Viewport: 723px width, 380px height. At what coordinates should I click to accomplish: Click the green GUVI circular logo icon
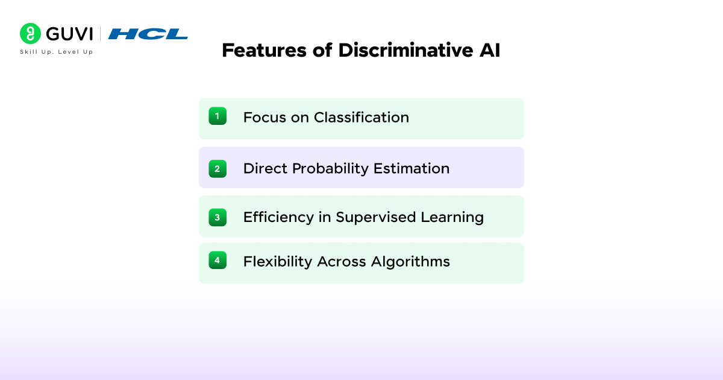30,34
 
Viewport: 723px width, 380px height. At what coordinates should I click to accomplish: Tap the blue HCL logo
148,34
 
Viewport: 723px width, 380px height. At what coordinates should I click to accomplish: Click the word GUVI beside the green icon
68,34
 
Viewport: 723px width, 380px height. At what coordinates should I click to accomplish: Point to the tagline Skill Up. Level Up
57,52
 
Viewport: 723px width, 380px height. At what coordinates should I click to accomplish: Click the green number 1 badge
218,116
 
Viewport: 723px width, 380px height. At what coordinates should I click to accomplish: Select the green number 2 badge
218,168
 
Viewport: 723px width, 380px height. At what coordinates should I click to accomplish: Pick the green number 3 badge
218,217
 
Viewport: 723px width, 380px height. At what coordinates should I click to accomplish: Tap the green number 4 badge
218,260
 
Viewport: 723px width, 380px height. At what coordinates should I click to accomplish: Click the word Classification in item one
361,117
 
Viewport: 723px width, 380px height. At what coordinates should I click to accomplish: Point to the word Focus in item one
264,117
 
